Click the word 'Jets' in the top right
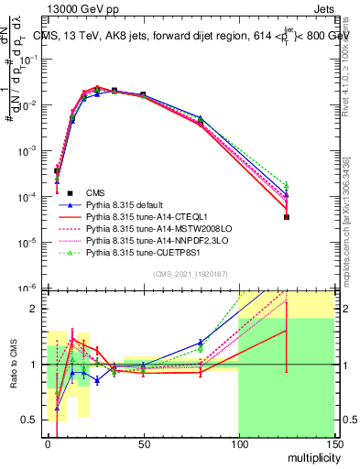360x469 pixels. [x=324, y=7]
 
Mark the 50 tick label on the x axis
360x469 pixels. [x=143, y=446]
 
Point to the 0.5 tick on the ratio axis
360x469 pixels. [x=29, y=420]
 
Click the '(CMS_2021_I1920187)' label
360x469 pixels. [x=189, y=273]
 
